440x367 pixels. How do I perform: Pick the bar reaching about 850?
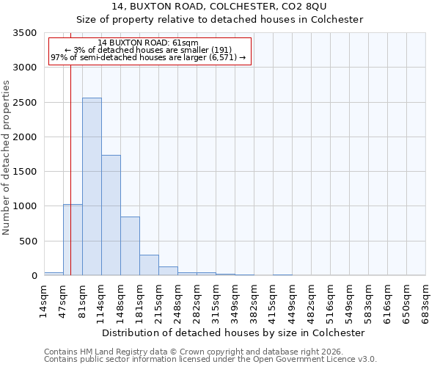point(130,246)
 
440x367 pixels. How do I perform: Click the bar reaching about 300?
point(149,265)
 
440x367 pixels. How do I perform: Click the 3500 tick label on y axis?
point(24,34)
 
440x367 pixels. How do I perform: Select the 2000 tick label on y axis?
point(24,137)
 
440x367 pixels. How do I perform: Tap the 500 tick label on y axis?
point(27,241)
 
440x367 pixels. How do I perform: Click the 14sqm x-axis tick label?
point(44,298)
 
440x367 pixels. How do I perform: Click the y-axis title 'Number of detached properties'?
point(7,159)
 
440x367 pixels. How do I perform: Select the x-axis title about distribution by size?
point(233,333)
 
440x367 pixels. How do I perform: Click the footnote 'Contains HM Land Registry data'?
point(194,352)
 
